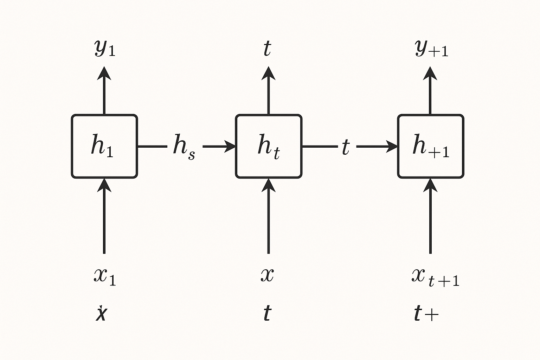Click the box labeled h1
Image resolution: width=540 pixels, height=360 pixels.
coord(104,146)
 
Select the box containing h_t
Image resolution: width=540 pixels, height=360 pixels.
coord(268,146)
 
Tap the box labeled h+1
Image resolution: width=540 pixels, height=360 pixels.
coord(430,146)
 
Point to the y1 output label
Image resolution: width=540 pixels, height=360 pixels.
coord(104,49)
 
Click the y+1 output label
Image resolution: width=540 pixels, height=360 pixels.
coord(431,49)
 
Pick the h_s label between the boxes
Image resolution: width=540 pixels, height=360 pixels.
coord(184,147)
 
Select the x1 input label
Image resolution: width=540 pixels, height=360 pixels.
coord(104,276)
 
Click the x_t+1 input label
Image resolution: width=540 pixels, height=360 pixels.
coord(435,277)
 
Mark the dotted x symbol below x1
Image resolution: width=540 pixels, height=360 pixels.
coord(101,314)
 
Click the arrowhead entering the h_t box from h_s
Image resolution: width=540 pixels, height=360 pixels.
coord(230,146)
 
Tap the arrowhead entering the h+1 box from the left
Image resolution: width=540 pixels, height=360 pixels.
coord(392,146)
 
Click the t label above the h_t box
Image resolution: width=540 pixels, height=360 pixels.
coord(267,49)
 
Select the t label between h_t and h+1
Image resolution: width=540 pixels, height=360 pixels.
coord(346,147)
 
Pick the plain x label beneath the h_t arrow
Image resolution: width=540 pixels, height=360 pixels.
coord(267,275)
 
